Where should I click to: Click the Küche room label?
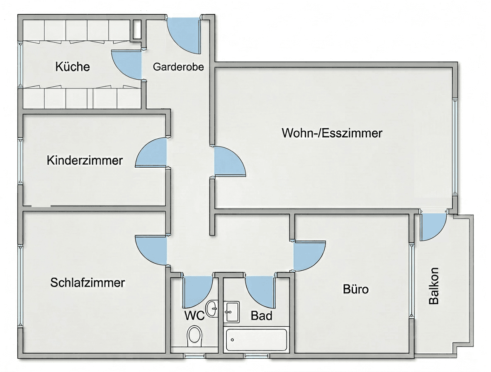coord(73,66)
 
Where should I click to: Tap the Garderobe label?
coord(179,66)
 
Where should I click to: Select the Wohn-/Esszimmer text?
coord(332,133)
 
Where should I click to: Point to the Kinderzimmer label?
coord(85,160)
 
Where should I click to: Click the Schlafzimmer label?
coord(88,283)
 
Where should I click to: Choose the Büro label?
coord(355,289)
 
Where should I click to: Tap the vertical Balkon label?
coord(434,286)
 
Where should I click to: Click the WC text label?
coord(194,316)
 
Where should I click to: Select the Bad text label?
coord(262,316)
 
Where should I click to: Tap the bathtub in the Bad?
coord(256,340)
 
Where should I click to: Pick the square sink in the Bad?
coord(232,311)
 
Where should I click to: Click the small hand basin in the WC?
coord(212,308)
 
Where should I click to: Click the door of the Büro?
coord(308,255)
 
